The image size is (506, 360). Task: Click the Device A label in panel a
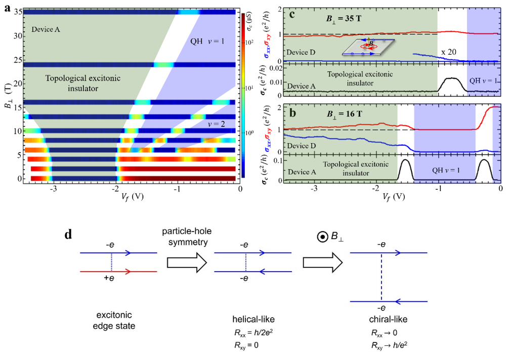(46, 30)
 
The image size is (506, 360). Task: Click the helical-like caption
(245, 322)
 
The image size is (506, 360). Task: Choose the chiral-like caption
(385, 322)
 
